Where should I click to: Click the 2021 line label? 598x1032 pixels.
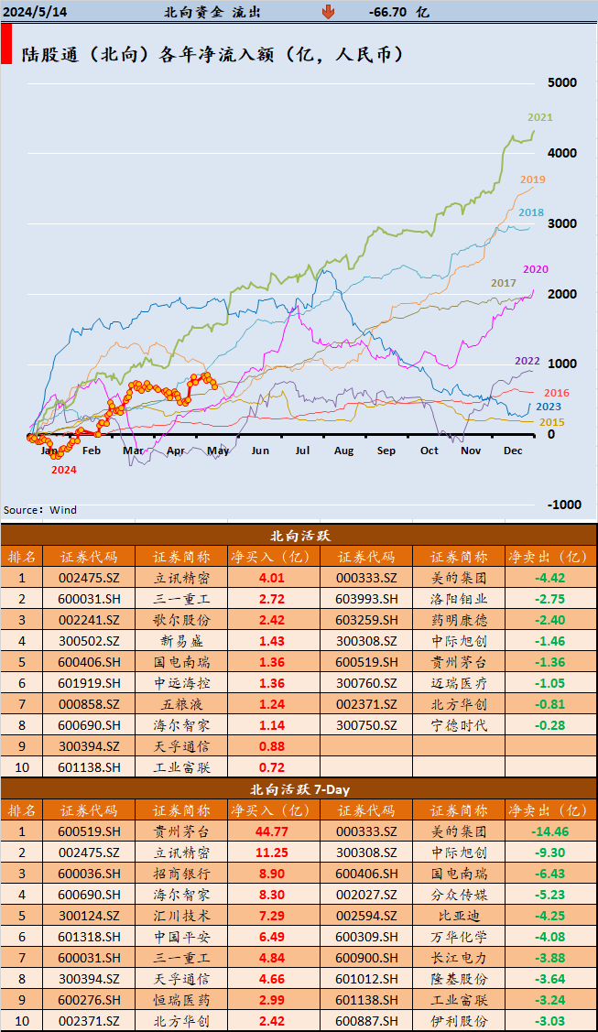pyautogui.click(x=540, y=117)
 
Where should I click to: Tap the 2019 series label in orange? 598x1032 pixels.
pyautogui.click(x=533, y=179)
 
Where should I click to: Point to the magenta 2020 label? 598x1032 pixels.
pyautogui.click(x=536, y=268)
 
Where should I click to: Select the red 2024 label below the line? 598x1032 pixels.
pyautogui.click(x=63, y=470)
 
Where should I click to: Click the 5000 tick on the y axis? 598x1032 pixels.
pyautogui.click(x=561, y=82)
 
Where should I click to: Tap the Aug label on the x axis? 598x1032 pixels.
pyautogui.click(x=343, y=451)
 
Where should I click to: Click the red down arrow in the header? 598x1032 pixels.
pyautogui.click(x=327, y=12)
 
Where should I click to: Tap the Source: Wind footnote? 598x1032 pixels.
pyautogui.click(x=40, y=510)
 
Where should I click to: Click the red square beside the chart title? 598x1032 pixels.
pyautogui.click(x=6, y=45)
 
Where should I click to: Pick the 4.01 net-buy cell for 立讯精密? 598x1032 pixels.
pyautogui.click(x=272, y=578)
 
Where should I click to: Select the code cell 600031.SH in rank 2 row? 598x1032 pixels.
pyautogui.click(x=89, y=599)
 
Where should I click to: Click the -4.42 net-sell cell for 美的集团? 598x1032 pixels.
pyautogui.click(x=549, y=578)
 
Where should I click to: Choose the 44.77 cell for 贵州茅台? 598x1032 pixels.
pyautogui.click(x=272, y=831)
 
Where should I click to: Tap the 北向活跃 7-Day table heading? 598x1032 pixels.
pyautogui.click(x=299, y=788)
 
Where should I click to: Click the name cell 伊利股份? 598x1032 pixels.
pyautogui.click(x=458, y=1021)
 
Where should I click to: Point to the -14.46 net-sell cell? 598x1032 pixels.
pyautogui.click(x=549, y=831)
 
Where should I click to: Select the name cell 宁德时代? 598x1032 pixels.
pyautogui.click(x=458, y=725)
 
